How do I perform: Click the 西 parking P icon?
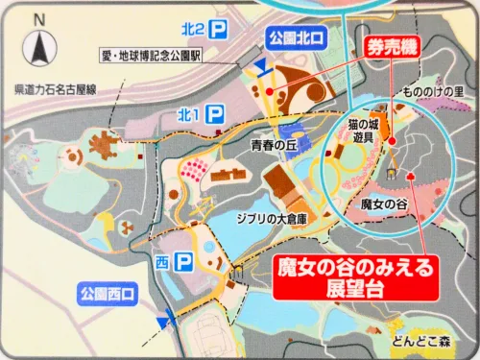click(183, 260)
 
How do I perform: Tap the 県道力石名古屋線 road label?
click(61, 90)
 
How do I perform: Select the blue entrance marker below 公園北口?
click(262, 65)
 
